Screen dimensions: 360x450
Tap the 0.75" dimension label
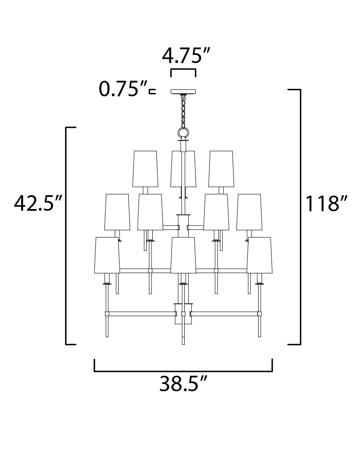pyautogui.click(x=123, y=89)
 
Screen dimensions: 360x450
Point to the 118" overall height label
pyautogui.click(x=326, y=203)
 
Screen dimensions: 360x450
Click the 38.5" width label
pyautogui.click(x=183, y=383)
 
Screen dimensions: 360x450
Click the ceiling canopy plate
pyautogui.click(x=183, y=92)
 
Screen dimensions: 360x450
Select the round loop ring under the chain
pyautogui.click(x=183, y=133)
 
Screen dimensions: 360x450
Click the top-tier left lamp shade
pyautogui.click(x=145, y=169)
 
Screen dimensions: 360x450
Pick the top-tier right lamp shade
pyautogui.click(x=221, y=169)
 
